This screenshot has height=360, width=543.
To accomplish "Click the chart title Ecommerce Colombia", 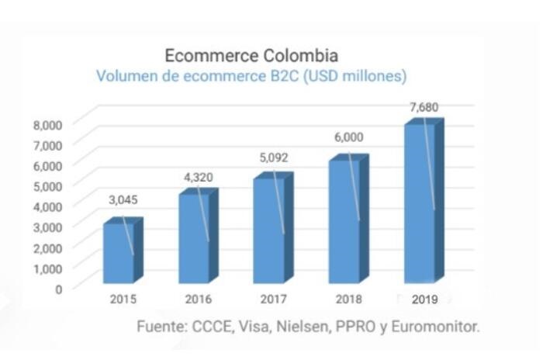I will [x=251, y=56].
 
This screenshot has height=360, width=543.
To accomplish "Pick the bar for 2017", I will [x=268, y=230].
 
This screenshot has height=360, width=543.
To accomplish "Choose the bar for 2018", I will [x=344, y=220].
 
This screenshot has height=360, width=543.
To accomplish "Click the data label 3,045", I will [x=123, y=199].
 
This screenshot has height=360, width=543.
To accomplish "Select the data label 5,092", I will [x=273, y=157].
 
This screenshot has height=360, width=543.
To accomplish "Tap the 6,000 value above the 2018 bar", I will [x=348, y=137].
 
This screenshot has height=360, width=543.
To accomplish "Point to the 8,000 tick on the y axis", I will [x=47, y=124].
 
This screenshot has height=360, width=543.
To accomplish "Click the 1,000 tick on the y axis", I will [x=47, y=268].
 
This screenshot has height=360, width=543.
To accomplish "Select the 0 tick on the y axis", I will [x=57, y=288].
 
